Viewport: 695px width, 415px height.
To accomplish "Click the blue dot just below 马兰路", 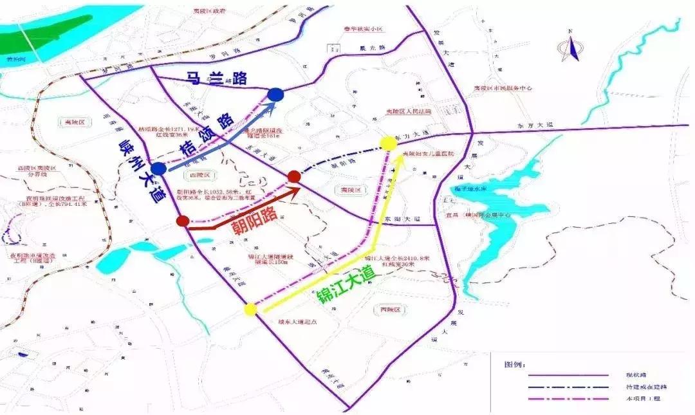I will [275, 95].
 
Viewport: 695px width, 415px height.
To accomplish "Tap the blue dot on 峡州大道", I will [158, 169].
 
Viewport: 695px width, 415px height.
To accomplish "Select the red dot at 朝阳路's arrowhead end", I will [294, 176].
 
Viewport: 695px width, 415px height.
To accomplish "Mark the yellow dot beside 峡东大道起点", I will [250, 309].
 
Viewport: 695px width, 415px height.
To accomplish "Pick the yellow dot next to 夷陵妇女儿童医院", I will [387, 143].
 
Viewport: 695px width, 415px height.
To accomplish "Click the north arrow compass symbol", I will [570, 47].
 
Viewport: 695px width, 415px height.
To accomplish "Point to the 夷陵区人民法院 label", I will [408, 111].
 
